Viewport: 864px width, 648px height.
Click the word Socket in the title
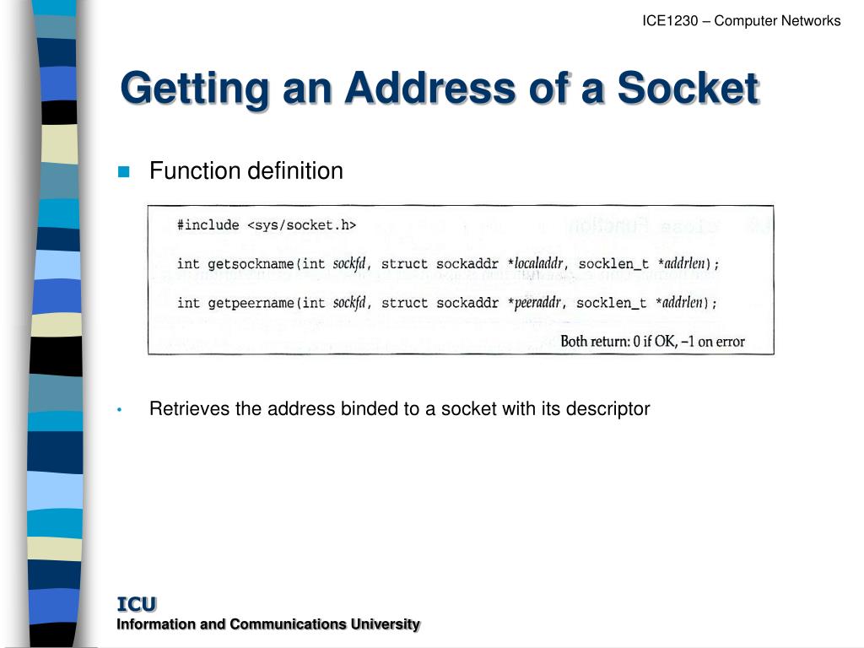click(x=688, y=89)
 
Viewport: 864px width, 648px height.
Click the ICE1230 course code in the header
click(x=670, y=21)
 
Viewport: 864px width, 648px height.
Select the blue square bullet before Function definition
click(x=124, y=171)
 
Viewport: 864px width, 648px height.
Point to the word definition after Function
click(x=294, y=171)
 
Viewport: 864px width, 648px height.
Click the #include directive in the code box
click(x=208, y=225)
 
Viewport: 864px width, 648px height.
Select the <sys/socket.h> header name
click(x=301, y=225)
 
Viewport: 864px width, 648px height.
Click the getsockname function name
click(x=243, y=264)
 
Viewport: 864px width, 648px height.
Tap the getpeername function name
click(x=243, y=303)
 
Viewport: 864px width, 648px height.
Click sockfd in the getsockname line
click(x=349, y=264)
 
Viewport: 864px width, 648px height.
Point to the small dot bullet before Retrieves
click(x=121, y=410)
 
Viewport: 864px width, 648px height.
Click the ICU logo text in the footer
click(x=136, y=604)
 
